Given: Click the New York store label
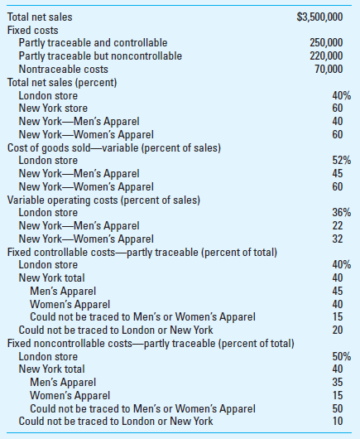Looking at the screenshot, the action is tap(52, 108).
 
